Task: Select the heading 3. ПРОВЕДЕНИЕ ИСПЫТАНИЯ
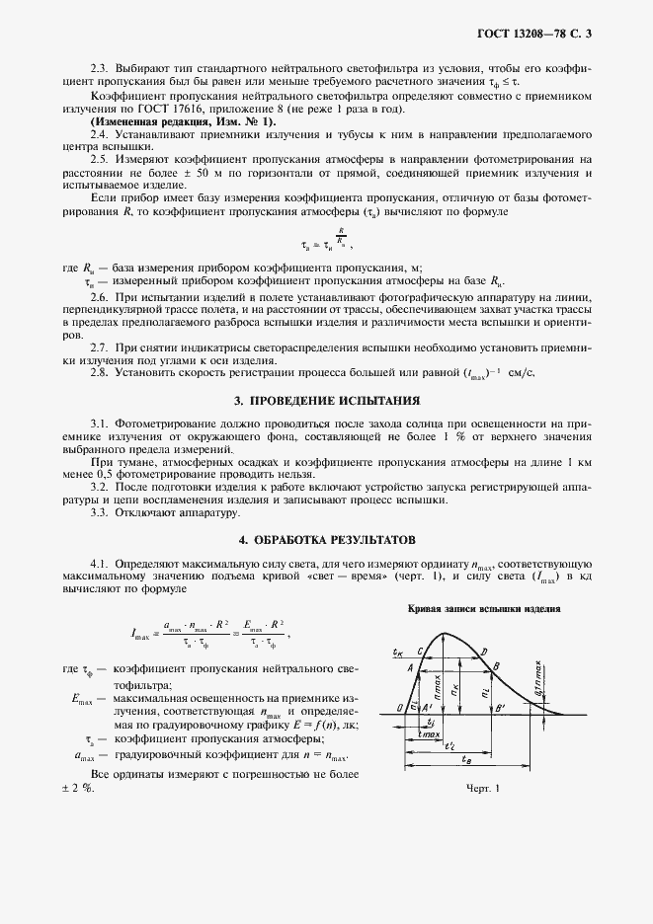pos(326,402)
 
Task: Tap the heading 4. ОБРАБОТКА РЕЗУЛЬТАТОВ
pos(326,540)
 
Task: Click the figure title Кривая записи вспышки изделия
pos(484,609)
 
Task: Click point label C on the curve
pos(421,652)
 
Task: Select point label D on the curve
pos(483,653)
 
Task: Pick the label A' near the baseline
pos(426,708)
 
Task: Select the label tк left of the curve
pos(396,654)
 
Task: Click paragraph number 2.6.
pos(99,296)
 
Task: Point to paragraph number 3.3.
pos(99,514)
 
